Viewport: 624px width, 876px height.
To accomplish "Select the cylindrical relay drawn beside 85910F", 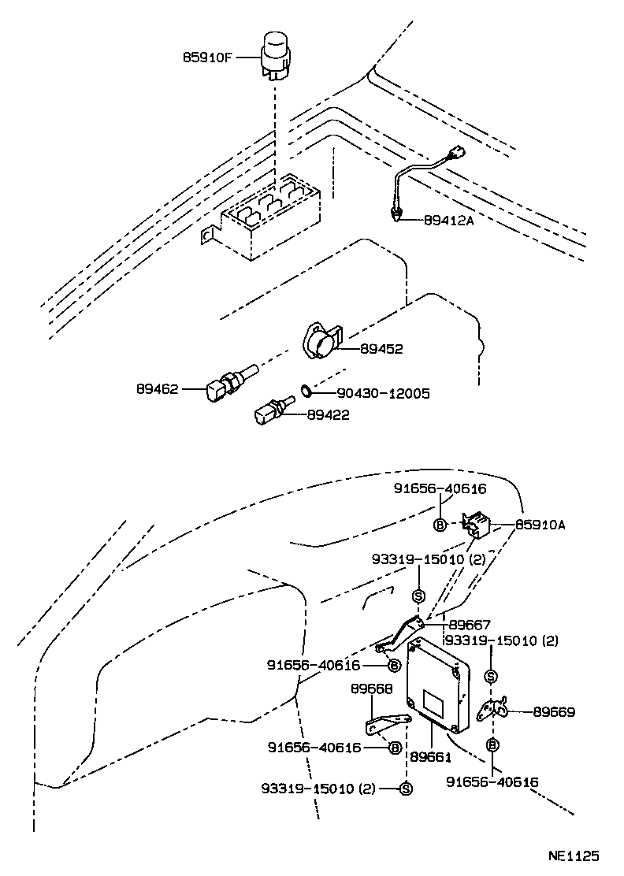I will click(x=276, y=55).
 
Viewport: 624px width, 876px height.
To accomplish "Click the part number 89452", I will click(x=381, y=349).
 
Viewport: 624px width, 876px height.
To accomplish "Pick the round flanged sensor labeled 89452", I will click(x=323, y=343).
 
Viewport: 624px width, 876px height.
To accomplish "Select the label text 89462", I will click(x=157, y=388).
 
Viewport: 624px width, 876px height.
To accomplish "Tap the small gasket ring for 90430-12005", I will click(x=306, y=390).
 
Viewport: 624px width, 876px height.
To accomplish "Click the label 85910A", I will click(x=540, y=524).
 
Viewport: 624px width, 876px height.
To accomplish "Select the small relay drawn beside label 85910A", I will click(x=477, y=525).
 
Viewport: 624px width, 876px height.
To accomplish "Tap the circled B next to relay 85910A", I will click(x=440, y=525).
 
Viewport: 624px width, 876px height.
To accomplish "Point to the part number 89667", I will click(x=470, y=622).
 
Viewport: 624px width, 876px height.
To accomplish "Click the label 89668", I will click(x=371, y=689).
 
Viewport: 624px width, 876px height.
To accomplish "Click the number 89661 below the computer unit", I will click(x=430, y=756).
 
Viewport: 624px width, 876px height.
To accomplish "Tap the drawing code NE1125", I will click(x=574, y=855).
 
